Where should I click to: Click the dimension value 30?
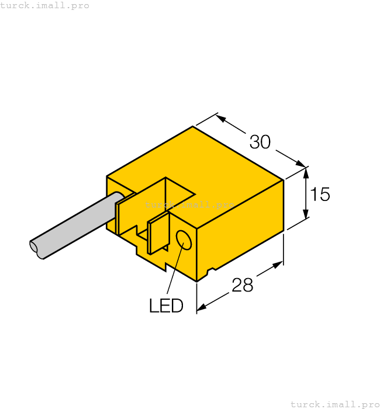pos(260,141)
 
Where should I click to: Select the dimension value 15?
pos(320,194)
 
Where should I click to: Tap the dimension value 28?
pos(243,285)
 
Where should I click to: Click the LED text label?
pos(166,306)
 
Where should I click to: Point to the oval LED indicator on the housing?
pos(184,240)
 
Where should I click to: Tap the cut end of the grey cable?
pos(36,248)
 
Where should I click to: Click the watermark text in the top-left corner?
pos(44,5)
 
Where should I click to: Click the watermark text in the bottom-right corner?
pos(335,404)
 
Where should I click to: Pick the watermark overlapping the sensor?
pos(189,204)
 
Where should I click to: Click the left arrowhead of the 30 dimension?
pos(222,118)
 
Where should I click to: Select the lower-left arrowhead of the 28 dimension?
pos(202,307)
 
